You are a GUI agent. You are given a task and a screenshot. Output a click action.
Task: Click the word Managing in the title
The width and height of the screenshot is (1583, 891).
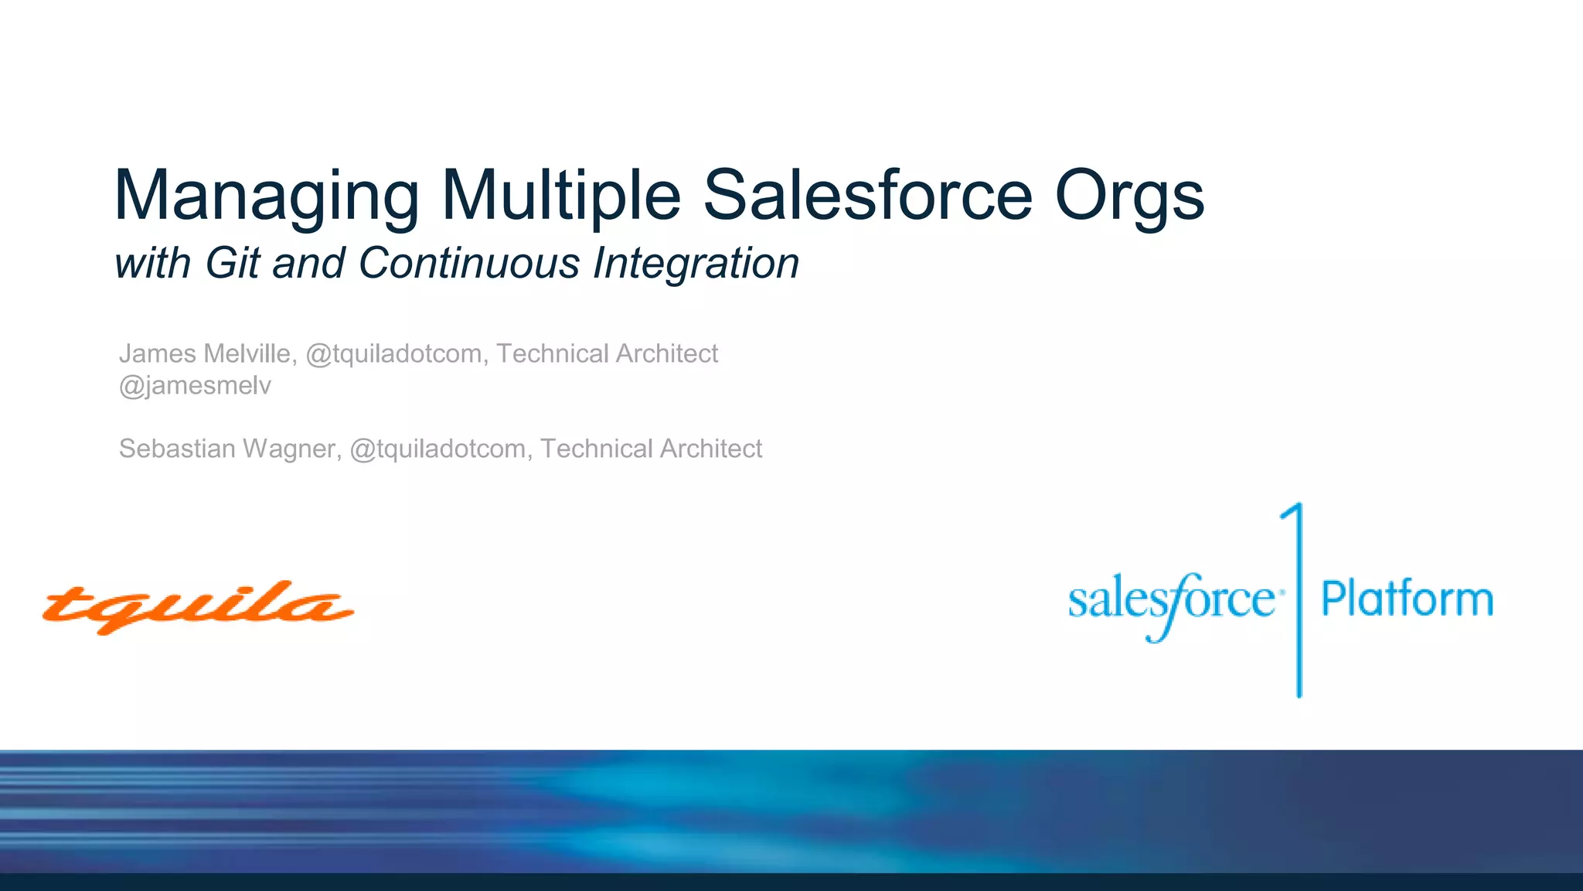pyautogui.click(x=266, y=196)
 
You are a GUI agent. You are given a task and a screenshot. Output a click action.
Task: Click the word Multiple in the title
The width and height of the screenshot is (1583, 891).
pyautogui.click(x=561, y=196)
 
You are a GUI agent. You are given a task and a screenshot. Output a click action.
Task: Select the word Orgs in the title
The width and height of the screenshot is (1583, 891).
pyautogui.click(x=1129, y=196)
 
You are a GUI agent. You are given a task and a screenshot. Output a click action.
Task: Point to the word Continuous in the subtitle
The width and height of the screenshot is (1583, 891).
pyautogui.click(x=468, y=263)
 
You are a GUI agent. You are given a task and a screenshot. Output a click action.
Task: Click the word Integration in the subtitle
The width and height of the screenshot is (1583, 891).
pyautogui.click(x=696, y=263)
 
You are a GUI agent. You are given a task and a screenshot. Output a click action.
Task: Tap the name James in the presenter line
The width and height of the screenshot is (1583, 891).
pyautogui.click(x=157, y=353)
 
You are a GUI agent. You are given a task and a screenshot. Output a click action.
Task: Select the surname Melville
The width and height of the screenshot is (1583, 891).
pyautogui.click(x=248, y=353)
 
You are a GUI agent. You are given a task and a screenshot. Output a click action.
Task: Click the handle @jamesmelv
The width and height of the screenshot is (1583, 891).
pyautogui.click(x=195, y=385)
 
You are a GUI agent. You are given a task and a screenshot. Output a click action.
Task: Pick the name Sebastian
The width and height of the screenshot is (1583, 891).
pyautogui.click(x=177, y=449)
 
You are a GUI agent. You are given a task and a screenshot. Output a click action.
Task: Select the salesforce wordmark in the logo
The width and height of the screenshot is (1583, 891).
pyautogui.click(x=1171, y=602)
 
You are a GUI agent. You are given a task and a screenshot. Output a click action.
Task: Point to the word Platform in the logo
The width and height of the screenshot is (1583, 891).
pyautogui.click(x=1407, y=599)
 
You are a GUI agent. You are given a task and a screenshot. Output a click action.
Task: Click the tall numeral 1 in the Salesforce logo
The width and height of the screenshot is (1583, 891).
pyautogui.click(x=1298, y=599)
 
